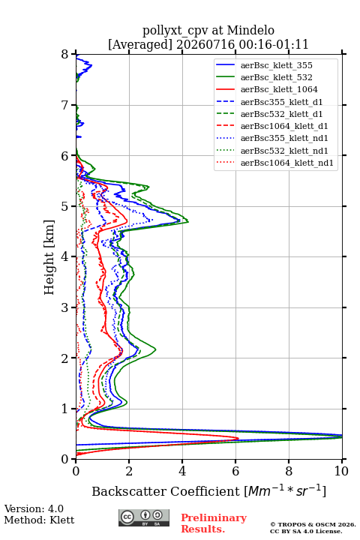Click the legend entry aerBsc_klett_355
276,65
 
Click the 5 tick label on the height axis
65,206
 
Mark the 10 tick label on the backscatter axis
341,471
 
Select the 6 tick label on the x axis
235,471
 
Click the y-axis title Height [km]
49,257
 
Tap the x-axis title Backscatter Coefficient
166,491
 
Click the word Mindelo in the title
250,30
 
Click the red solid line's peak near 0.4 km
238,439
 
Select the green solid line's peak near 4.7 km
188,221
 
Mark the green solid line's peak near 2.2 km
156,350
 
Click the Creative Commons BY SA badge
144,517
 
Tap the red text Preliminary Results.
214,523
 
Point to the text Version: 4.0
34,508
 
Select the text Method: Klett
39,520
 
